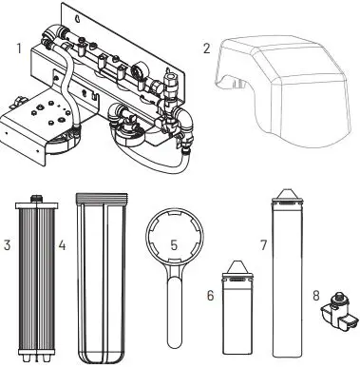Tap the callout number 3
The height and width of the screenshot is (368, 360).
click(x=8, y=246)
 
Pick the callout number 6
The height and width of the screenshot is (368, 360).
click(x=211, y=296)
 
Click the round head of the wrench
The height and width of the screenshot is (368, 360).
click(x=175, y=242)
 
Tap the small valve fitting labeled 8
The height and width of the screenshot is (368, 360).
click(x=335, y=310)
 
